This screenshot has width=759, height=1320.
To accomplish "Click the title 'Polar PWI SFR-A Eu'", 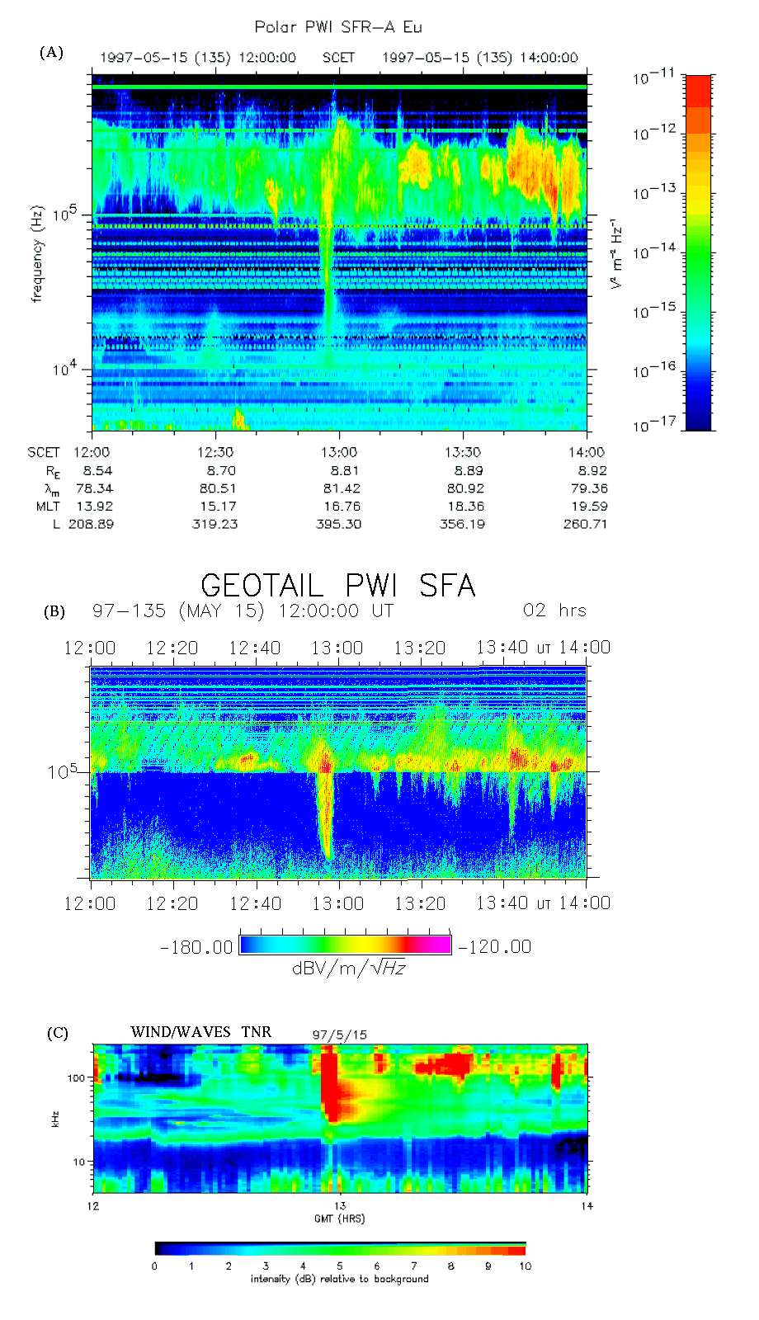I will click(338, 27).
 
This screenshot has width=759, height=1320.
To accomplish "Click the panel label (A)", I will click(51, 53).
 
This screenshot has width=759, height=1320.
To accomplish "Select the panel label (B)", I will click(54, 611).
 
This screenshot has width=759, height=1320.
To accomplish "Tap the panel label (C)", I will click(57, 1033).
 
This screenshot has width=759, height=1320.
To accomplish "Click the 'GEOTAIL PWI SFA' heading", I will click(338, 586).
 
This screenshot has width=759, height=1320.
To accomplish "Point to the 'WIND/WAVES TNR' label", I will click(200, 1032).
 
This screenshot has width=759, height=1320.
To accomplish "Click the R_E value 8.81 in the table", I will click(339, 470).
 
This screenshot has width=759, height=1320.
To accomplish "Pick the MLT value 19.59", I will click(589, 507).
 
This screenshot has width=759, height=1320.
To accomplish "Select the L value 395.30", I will click(339, 524).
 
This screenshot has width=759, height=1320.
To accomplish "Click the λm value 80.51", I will click(215, 488).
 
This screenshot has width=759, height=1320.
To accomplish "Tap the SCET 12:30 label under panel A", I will click(215, 452).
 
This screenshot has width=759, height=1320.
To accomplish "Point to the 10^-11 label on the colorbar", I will click(654, 78).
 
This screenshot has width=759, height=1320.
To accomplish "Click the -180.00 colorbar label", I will click(196, 947).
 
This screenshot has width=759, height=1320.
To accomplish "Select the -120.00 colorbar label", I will click(495, 947).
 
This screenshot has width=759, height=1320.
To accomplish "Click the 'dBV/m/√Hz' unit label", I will click(349, 968).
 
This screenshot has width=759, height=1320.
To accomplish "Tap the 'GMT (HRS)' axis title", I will click(339, 1219).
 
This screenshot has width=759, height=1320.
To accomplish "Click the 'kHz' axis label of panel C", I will click(55, 1120).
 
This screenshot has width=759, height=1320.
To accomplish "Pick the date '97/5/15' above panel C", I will click(339, 1035).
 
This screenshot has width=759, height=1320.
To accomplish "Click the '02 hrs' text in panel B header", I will click(554, 610).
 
